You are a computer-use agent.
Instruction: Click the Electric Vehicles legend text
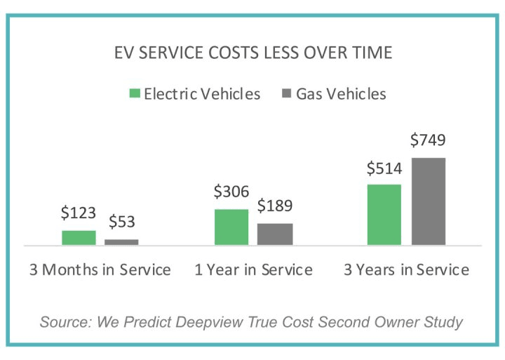click(202, 93)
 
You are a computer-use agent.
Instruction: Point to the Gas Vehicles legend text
click(341, 93)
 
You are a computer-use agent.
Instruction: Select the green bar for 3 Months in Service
click(79, 238)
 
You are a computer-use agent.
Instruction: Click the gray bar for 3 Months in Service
click(121, 242)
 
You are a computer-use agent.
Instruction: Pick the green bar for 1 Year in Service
click(231, 227)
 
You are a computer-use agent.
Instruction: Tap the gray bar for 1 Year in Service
click(274, 234)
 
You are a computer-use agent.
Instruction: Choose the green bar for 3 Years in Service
click(384, 215)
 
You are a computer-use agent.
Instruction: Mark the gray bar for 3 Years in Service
click(428, 201)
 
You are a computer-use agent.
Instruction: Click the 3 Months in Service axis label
click(100, 270)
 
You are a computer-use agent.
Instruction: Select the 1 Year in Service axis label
click(253, 270)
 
